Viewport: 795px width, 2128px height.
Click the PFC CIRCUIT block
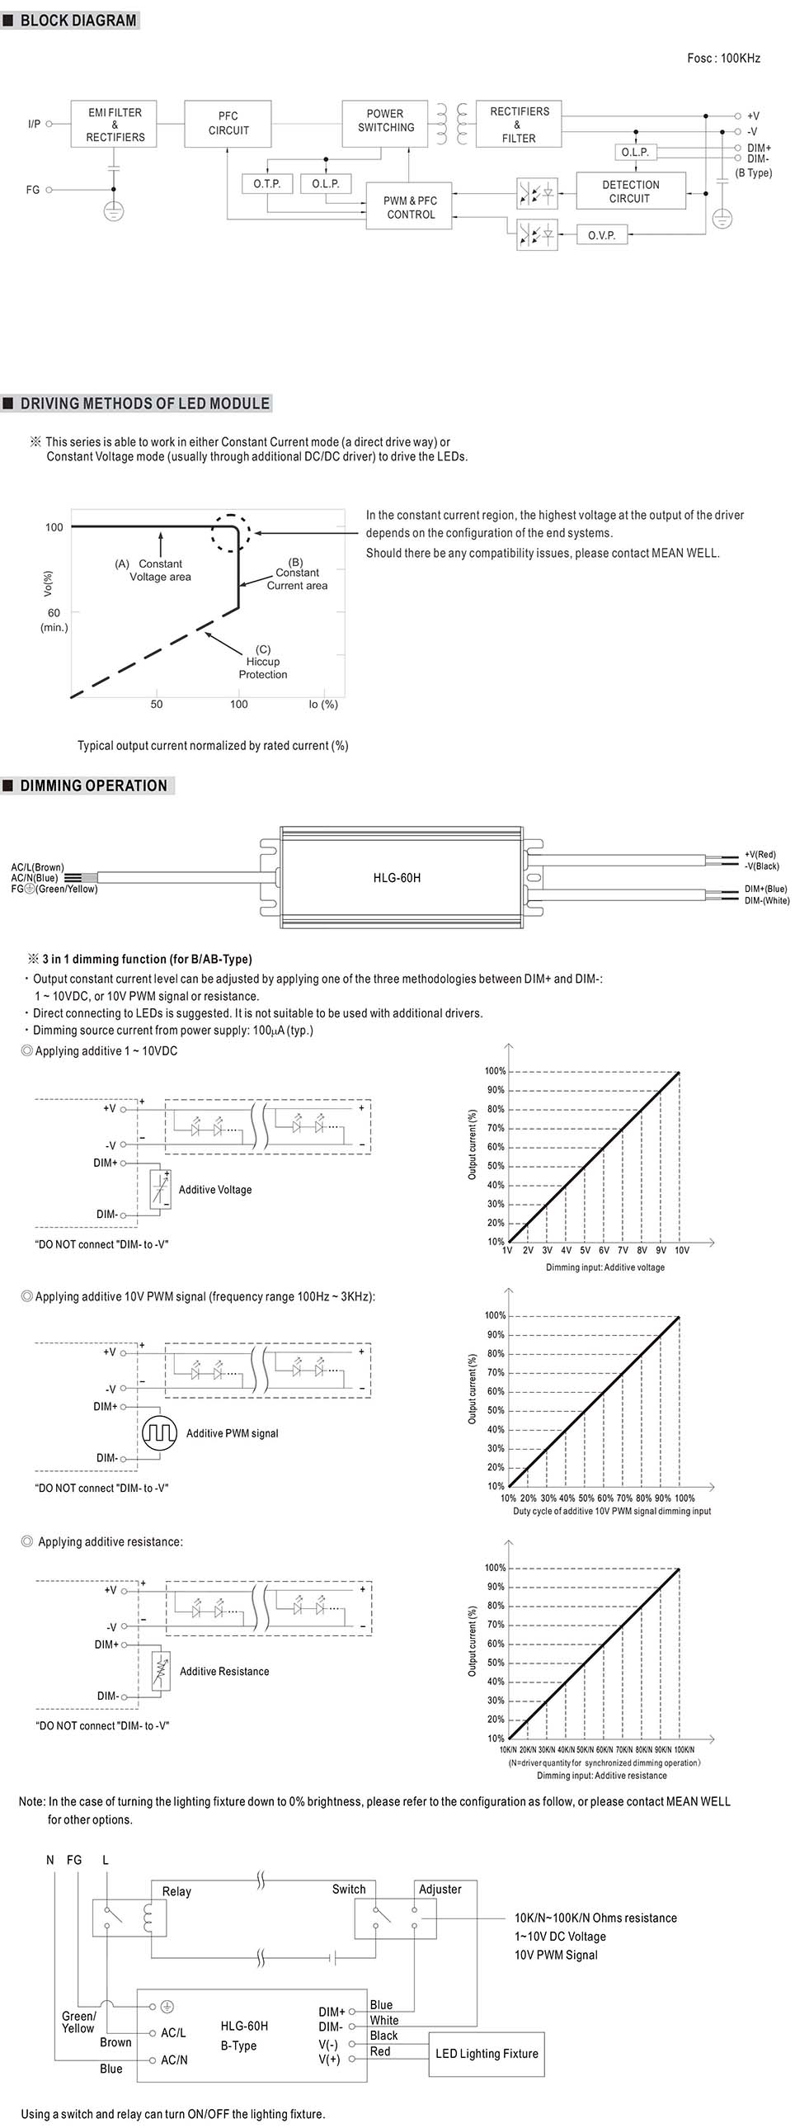point(228,124)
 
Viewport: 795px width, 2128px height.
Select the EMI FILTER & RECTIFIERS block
point(115,124)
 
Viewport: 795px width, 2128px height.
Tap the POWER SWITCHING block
point(385,121)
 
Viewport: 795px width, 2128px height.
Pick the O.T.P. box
point(266,184)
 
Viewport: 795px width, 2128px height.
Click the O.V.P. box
point(601,235)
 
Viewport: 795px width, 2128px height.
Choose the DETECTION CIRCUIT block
point(630,191)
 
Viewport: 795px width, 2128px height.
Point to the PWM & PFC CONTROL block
point(411,207)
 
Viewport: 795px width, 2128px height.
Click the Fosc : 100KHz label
point(723,59)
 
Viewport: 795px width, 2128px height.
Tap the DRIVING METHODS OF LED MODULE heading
point(144,404)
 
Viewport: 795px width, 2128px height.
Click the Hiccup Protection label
point(262,662)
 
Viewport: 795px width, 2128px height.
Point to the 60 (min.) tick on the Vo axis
point(54,620)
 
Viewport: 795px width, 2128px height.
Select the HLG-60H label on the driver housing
point(396,878)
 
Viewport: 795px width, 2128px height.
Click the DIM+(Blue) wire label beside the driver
point(765,889)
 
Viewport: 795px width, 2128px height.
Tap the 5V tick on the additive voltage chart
point(585,1251)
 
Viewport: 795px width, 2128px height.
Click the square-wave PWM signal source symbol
point(159,1433)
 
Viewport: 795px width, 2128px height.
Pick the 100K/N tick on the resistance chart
point(684,1749)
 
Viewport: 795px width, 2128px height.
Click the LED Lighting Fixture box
point(487,2053)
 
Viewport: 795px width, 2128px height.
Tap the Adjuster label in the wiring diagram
point(440,1890)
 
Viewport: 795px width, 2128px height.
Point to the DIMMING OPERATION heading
point(93,786)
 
